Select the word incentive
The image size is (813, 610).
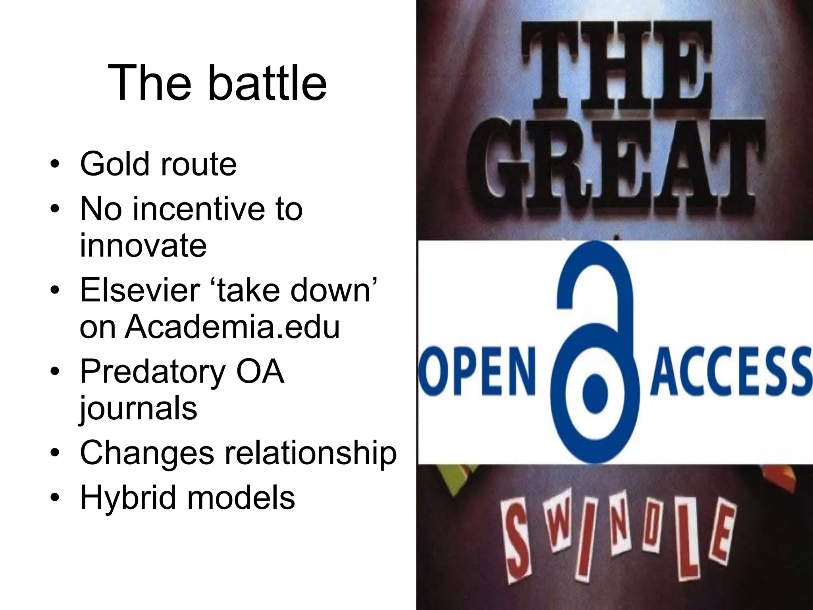pos(198,209)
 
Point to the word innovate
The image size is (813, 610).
pos(143,245)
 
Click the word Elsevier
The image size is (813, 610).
pos(139,290)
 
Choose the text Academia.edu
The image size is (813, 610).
pos(232,327)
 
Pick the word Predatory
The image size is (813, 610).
pos(152,372)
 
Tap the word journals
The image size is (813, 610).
pos(138,409)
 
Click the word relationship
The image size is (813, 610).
pos(311,453)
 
